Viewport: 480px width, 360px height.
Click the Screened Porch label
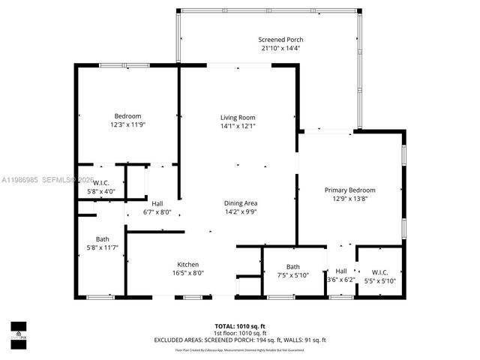(x=280, y=40)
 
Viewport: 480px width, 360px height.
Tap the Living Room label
(x=238, y=117)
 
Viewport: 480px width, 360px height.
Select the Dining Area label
(x=241, y=203)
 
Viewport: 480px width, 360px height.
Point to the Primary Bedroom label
(x=349, y=190)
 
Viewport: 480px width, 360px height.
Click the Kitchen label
(x=187, y=265)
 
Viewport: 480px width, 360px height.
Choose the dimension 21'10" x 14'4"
(x=280, y=49)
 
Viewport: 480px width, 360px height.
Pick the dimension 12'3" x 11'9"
(x=127, y=124)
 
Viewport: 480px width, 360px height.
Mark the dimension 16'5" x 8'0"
(x=187, y=274)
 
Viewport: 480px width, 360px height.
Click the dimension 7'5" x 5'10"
(x=292, y=275)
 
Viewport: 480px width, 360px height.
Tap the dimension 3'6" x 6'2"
(x=341, y=280)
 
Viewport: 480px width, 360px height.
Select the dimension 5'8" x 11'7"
(x=102, y=247)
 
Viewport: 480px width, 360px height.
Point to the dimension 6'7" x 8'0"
(x=157, y=212)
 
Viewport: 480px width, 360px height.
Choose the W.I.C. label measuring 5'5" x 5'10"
(x=379, y=271)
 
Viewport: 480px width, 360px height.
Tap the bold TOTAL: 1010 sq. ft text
(x=240, y=326)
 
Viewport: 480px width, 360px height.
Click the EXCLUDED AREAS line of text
(x=240, y=340)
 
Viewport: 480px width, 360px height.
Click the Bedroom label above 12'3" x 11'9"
(x=127, y=115)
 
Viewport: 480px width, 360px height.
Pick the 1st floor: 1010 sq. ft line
(x=240, y=333)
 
